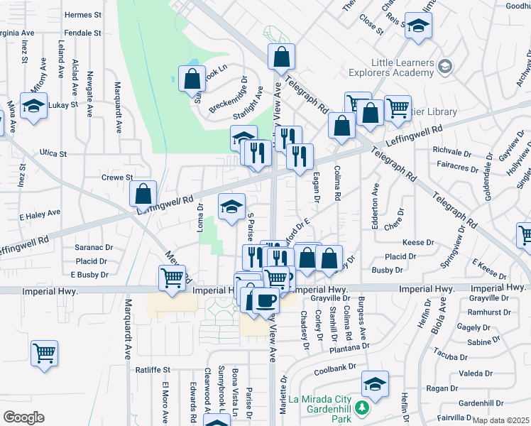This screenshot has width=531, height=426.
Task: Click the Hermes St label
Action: point(83,15)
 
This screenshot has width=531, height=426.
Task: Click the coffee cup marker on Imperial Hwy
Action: point(265,301)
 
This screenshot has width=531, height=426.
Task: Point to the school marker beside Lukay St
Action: point(33,106)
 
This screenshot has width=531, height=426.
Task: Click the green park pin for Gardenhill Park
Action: point(362,409)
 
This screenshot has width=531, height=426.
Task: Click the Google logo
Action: point(23,417)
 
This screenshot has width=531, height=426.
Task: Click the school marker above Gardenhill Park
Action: point(374,384)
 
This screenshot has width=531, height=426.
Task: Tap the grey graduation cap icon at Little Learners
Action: point(444,67)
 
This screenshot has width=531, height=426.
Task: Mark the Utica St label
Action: point(53,153)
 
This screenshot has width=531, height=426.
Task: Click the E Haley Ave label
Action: point(40,212)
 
